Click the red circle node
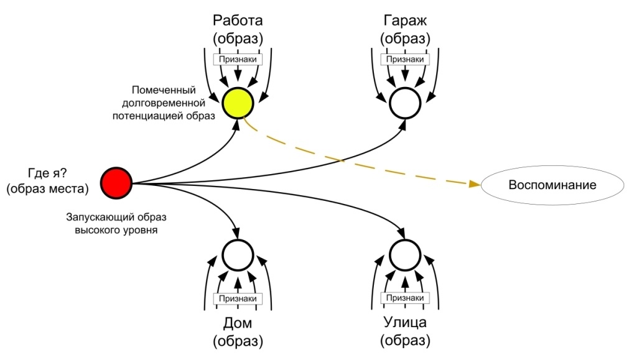(116, 183)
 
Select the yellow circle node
(236, 102)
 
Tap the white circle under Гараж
(405, 102)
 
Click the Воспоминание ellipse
(552, 185)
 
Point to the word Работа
(237, 20)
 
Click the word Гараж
(405, 20)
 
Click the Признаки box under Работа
(236, 59)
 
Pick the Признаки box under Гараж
(405, 59)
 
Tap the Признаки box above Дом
(237, 298)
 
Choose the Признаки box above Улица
(405, 298)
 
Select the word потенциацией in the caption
(157, 116)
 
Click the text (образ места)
(47, 189)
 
